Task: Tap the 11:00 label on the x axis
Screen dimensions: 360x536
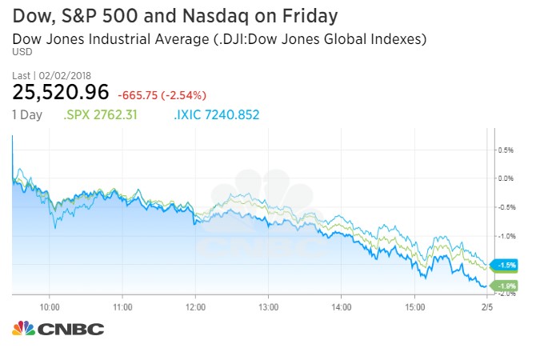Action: click(122, 306)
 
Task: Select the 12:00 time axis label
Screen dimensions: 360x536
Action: click(195, 306)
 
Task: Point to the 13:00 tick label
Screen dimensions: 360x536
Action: click(268, 306)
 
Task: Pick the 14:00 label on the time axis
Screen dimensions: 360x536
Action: click(342, 306)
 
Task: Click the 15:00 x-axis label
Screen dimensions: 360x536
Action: click(414, 306)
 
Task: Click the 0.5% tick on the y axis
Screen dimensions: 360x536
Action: click(505, 150)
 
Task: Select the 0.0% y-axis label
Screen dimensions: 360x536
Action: click(505, 178)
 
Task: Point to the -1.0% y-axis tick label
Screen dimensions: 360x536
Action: click(505, 236)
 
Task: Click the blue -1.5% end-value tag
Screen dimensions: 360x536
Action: click(507, 265)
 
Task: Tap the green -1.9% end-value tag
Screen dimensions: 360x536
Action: click(507, 286)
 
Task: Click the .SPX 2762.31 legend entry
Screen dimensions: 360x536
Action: click(100, 114)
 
